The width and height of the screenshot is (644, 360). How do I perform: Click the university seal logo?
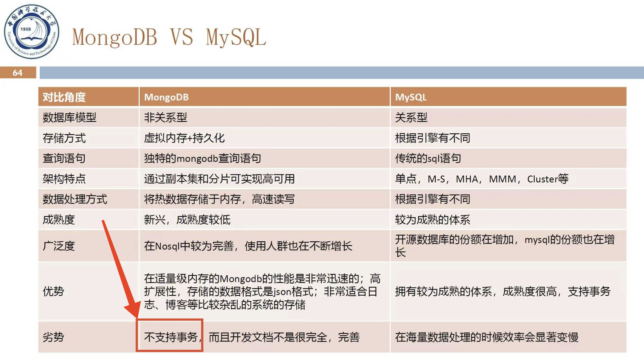(x=31, y=31)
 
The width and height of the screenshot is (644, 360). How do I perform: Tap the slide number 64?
(x=17, y=73)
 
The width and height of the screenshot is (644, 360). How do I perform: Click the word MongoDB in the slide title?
(x=114, y=37)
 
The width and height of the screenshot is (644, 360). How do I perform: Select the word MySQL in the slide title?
(x=236, y=37)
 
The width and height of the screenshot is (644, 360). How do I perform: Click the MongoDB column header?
(x=166, y=97)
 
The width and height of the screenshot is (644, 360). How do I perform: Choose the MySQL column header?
(x=411, y=97)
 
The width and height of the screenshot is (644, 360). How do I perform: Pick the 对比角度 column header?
(x=64, y=97)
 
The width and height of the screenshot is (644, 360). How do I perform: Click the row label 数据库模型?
(x=69, y=117)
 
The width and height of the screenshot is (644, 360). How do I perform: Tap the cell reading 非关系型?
(x=166, y=117)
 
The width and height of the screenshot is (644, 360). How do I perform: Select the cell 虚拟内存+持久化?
(x=184, y=138)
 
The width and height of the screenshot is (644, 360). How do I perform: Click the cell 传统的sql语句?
(x=428, y=158)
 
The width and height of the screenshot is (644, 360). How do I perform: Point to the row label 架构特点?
(x=64, y=179)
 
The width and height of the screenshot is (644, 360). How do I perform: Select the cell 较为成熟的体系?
(x=433, y=220)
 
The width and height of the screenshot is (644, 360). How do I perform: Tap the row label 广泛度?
(x=59, y=246)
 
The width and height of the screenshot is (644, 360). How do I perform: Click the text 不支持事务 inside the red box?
(x=171, y=337)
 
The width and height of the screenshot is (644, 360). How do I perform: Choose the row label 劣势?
(x=53, y=337)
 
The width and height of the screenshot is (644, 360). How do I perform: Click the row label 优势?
(x=53, y=291)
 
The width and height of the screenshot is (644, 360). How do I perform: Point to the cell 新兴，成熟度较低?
(x=187, y=220)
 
